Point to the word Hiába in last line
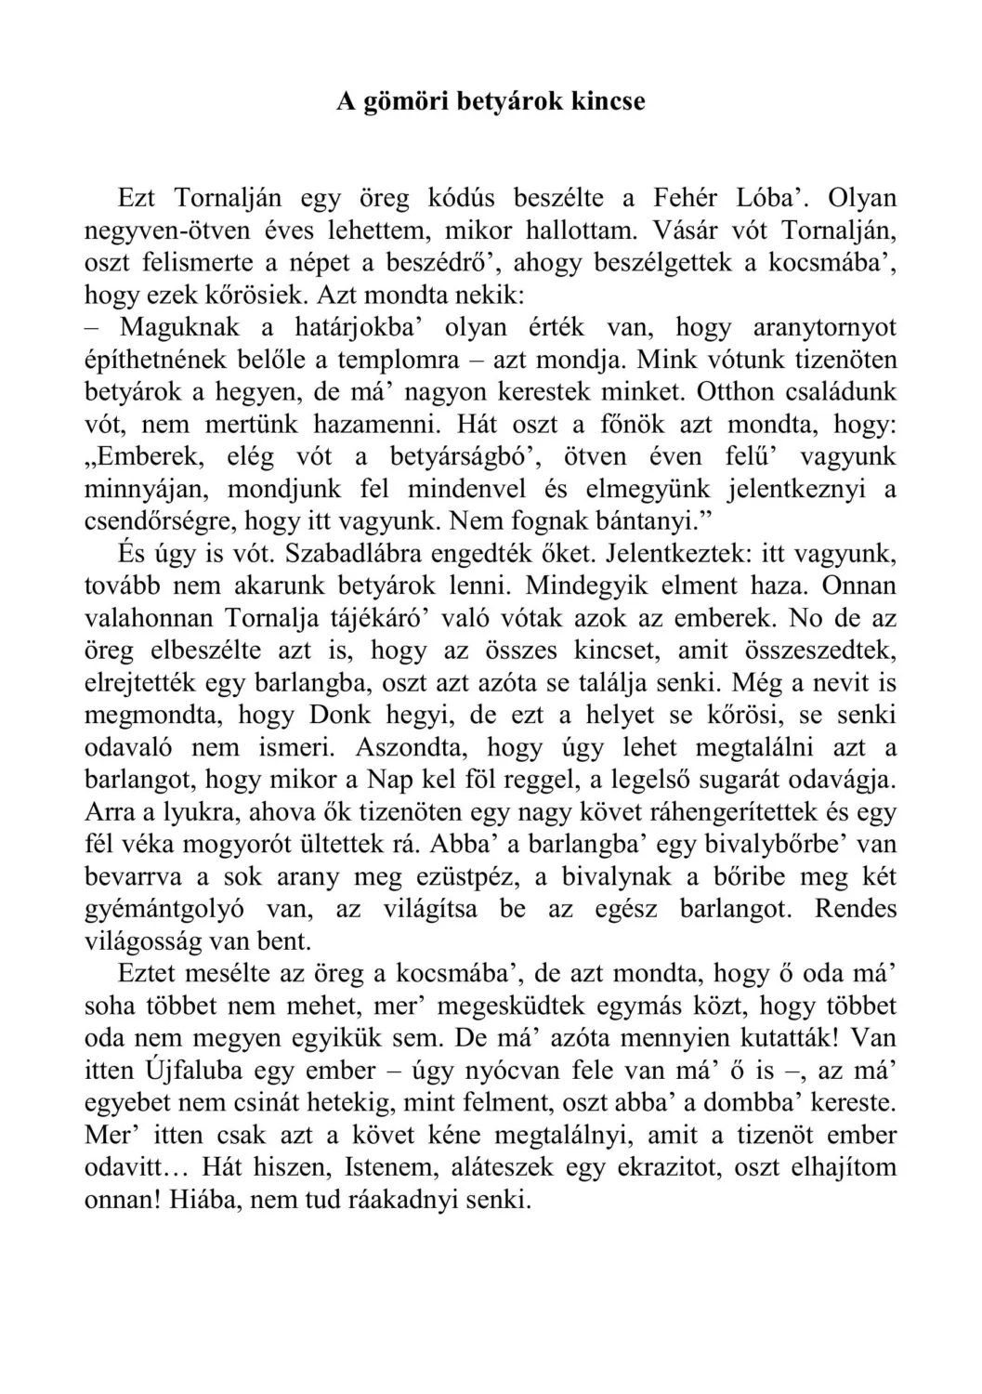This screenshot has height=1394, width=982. (x=197, y=1200)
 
